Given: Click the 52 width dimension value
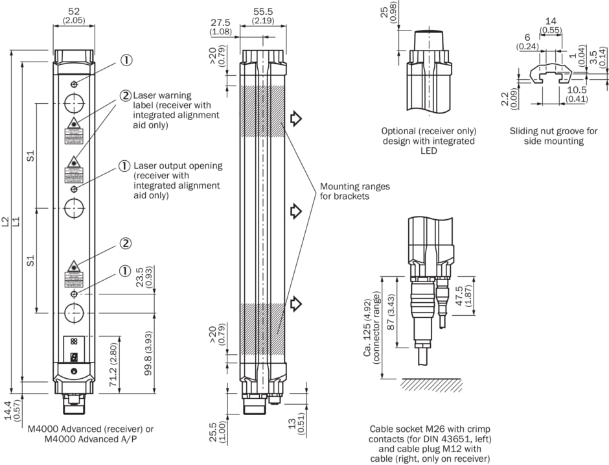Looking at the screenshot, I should (74, 11).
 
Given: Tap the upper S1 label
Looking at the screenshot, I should (30, 156).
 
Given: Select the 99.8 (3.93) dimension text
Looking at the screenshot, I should (148, 353).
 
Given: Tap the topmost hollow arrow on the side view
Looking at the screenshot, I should (296, 118).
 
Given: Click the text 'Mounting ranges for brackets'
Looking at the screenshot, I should (354, 191).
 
